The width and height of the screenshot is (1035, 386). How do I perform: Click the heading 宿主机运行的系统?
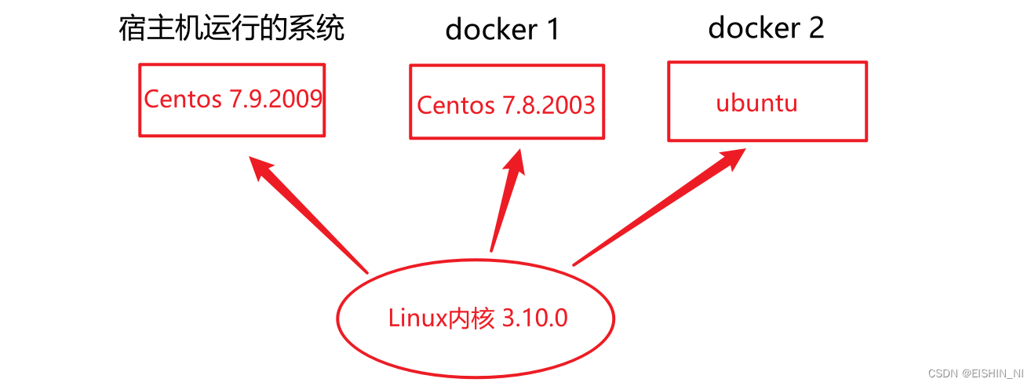(231, 30)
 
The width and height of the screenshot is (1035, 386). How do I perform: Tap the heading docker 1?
(502, 30)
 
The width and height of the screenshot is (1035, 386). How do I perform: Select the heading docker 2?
(766, 27)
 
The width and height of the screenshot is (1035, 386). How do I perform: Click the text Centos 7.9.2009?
(233, 99)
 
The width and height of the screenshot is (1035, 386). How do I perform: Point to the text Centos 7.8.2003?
(506, 104)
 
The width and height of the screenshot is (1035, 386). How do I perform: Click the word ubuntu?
(756, 103)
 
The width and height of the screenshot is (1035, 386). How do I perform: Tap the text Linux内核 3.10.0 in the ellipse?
(477, 319)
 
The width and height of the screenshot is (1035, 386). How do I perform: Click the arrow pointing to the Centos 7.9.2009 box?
(310, 213)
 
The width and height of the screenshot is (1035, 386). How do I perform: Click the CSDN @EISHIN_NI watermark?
(975, 373)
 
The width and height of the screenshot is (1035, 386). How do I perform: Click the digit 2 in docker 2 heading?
(815, 27)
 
